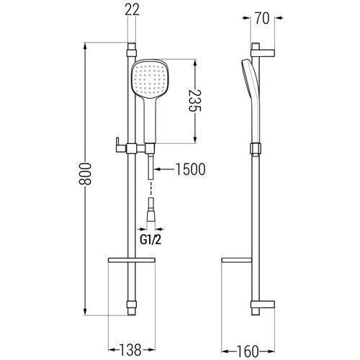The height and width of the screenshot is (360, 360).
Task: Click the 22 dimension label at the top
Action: click(132, 10)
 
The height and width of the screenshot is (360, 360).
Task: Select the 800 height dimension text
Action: click(86, 174)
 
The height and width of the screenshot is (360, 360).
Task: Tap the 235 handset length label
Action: click(194, 101)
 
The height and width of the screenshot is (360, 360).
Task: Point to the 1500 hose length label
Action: click(191, 169)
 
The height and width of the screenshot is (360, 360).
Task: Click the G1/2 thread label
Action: click(150, 239)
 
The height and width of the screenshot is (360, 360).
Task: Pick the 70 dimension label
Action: click(262, 18)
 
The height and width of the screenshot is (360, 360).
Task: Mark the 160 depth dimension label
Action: click(248, 351)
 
